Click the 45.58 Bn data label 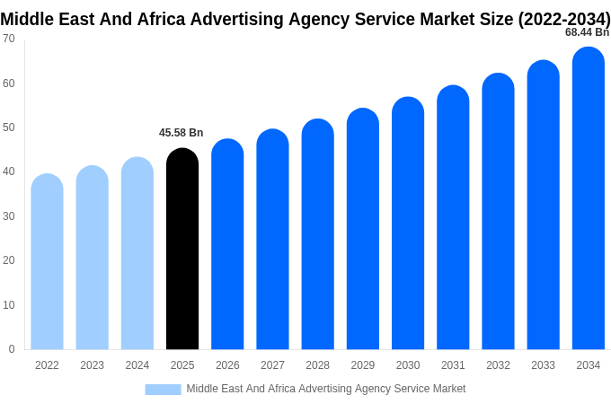[x=182, y=133]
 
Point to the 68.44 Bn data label [x=587, y=32]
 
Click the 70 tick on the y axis [x=9, y=39]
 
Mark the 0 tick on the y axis [x=12, y=349]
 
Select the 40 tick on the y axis [x=9, y=171]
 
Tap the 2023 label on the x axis [x=92, y=365]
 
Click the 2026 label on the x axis [x=227, y=365]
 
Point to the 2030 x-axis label [x=408, y=365]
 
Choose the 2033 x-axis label [x=543, y=365]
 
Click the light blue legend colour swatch [x=163, y=390]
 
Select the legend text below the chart [x=326, y=389]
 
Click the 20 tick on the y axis [x=9, y=260]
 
